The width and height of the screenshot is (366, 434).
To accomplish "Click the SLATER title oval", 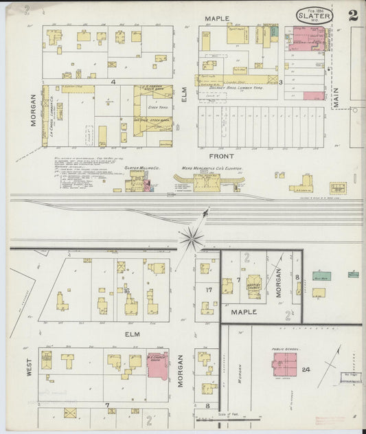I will click(315, 15).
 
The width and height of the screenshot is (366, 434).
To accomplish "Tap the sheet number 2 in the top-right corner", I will click(352, 15).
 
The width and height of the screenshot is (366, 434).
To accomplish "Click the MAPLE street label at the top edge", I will click(215, 17).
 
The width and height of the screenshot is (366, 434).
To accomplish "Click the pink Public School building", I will click(284, 364).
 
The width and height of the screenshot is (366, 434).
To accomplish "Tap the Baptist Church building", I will click(254, 287).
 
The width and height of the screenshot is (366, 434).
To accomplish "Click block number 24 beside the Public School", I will click(306, 369).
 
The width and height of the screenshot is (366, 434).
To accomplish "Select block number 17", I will click(209, 290).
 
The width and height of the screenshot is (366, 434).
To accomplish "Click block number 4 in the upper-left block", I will click(111, 81).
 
